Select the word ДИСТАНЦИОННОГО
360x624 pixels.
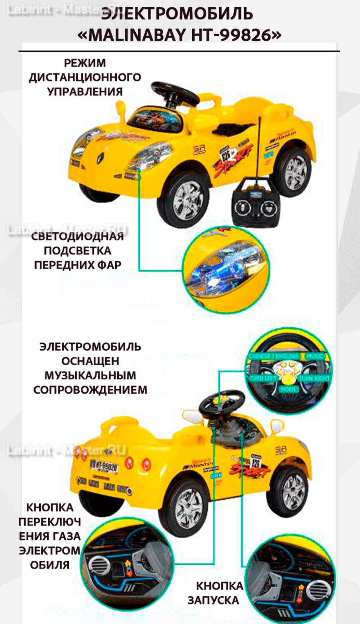coord(85,77)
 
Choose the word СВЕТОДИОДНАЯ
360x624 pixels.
coord(77,236)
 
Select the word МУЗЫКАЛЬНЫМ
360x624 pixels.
coord(90,375)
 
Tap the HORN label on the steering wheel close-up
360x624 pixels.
coord(288,389)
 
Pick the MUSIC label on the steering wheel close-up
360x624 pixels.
coord(315,356)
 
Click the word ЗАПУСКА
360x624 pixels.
coord(213,600)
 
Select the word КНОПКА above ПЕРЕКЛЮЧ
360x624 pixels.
coord(50,507)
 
